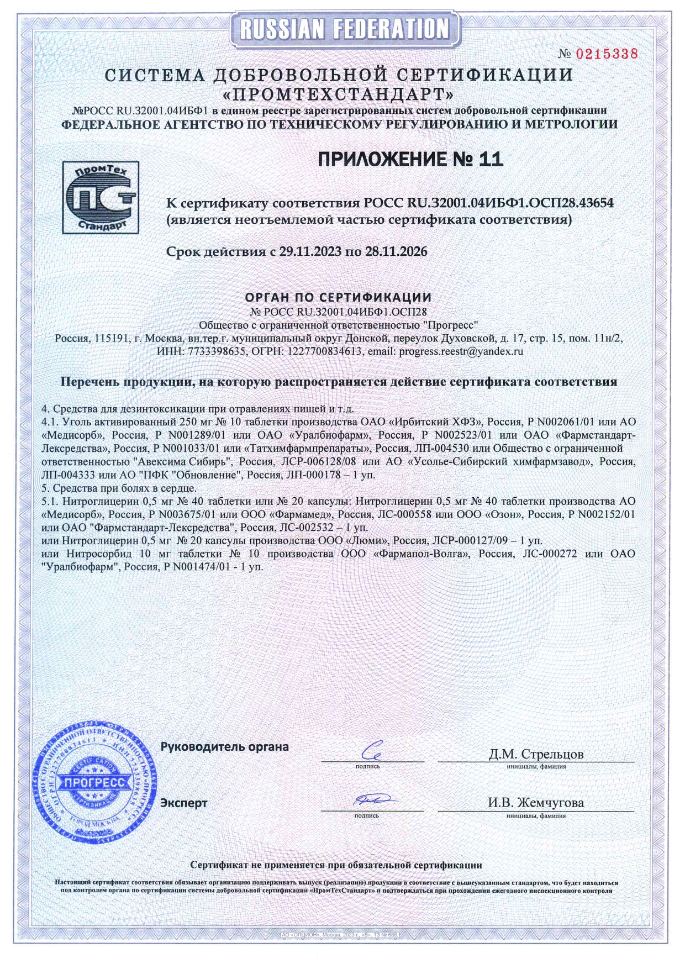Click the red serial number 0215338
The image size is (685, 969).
click(x=607, y=54)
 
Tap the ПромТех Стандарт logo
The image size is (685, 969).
click(x=100, y=197)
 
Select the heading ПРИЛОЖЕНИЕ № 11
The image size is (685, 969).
click(x=410, y=159)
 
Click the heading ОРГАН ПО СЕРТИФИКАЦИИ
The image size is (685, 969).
click(x=338, y=298)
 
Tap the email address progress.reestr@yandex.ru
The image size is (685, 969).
click(x=461, y=351)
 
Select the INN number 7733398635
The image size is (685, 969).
click(x=217, y=351)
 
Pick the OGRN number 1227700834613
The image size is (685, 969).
click(x=325, y=351)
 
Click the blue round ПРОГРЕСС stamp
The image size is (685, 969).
click(x=94, y=782)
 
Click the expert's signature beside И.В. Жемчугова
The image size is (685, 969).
click(x=371, y=800)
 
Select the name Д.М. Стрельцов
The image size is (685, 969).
click(x=536, y=754)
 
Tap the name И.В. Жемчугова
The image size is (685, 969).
click(x=535, y=802)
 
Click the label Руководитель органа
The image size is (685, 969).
click(x=224, y=747)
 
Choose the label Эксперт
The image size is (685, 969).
click(x=183, y=803)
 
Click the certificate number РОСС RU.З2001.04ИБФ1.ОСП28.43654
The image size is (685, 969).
click(x=488, y=203)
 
